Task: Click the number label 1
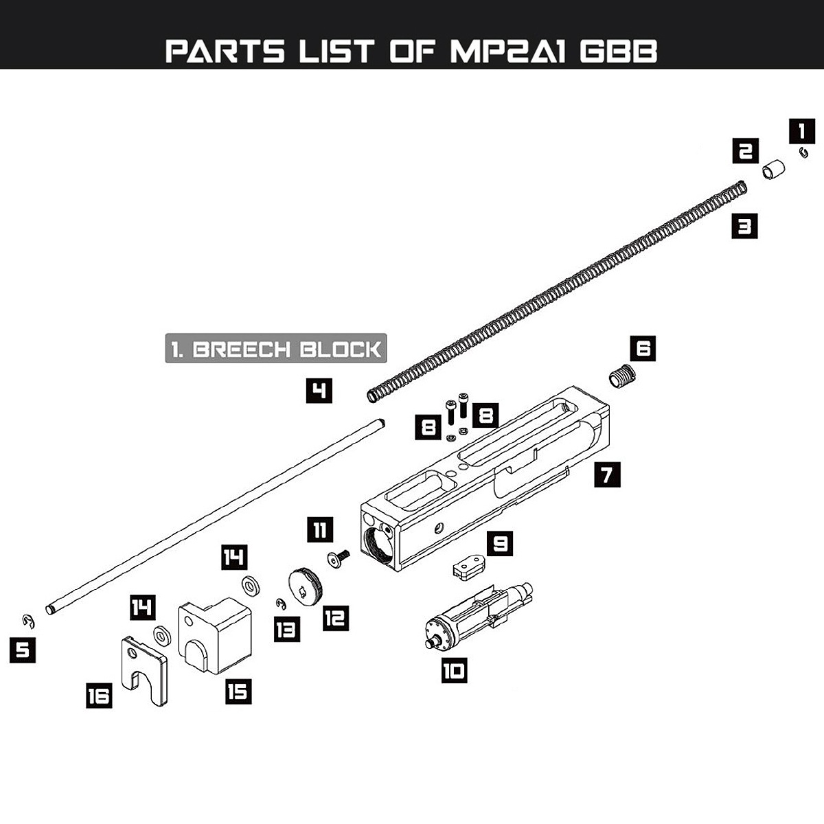801,130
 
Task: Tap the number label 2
745,150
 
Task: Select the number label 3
744,225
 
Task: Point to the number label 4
319,391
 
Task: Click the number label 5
23,650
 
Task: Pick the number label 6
643,348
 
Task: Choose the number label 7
607,474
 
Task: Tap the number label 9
500,543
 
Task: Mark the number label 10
453,669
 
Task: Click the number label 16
99,696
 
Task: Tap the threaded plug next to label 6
623,377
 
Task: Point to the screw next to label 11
339,560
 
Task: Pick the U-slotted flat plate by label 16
144,669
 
